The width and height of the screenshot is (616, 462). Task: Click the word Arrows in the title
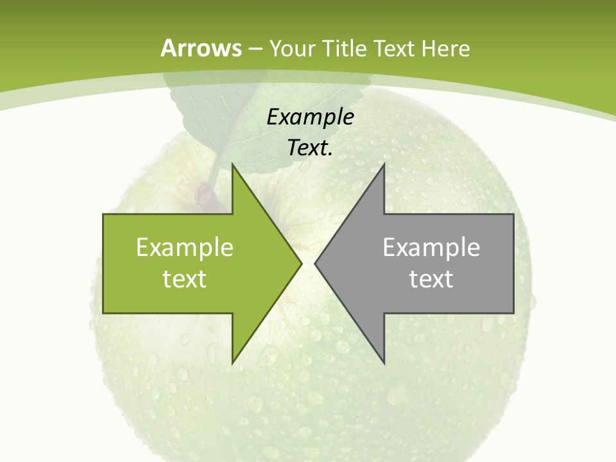click(x=201, y=48)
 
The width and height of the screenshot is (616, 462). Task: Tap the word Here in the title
click(x=445, y=49)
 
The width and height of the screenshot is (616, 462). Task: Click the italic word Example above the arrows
click(x=311, y=117)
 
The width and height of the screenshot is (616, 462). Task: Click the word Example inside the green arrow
click(x=185, y=247)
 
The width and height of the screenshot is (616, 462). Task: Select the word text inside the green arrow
click(x=185, y=278)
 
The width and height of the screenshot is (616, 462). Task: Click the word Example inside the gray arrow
click(x=431, y=247)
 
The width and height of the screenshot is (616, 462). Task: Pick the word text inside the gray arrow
click(x=431, y=278)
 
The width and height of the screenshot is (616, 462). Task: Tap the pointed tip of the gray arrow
click(x=316, y=263)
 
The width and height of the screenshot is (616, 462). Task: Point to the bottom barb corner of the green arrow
click(x=233, y=362)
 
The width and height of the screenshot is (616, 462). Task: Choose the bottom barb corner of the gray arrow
click(x=383, y=362)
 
